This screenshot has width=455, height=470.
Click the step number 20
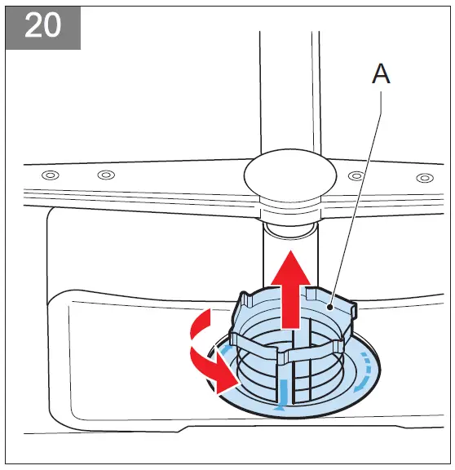42,26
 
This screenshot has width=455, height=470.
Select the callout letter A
381,74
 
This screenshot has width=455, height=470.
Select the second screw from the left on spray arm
106,175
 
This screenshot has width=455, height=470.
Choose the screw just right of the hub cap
355,176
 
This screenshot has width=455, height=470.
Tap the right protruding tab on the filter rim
351,309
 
